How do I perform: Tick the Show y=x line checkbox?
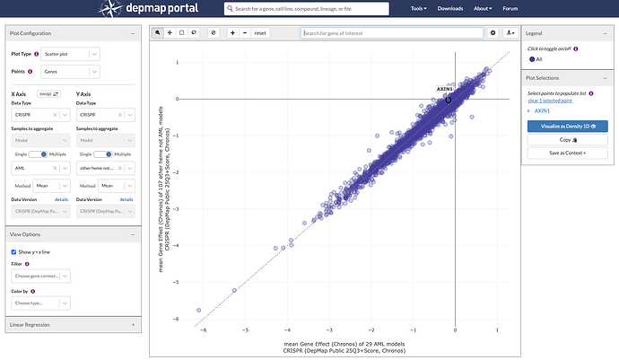[13, 251]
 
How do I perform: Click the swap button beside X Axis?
[48, 93]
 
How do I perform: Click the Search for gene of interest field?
[392, 32]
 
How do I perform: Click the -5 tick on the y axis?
[178, 283]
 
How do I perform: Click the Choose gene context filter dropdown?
[40, 276]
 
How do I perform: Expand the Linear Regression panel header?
[72, 324]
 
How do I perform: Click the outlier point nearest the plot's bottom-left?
[199, 311]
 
